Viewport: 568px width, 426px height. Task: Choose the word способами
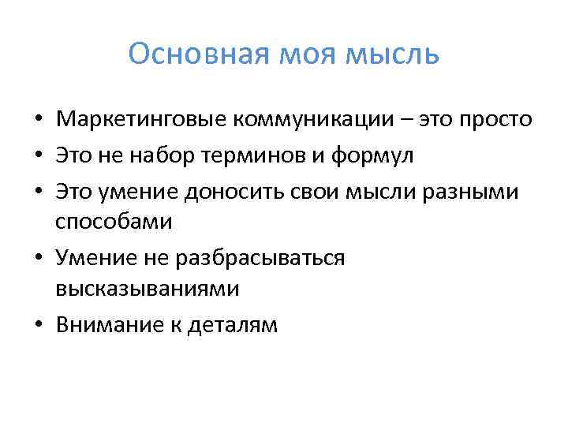pos(114,222)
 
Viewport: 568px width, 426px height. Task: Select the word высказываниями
pos(147,289)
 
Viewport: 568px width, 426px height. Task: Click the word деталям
pos(232,324)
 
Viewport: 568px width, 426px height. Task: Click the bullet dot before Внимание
pos(37,325)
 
